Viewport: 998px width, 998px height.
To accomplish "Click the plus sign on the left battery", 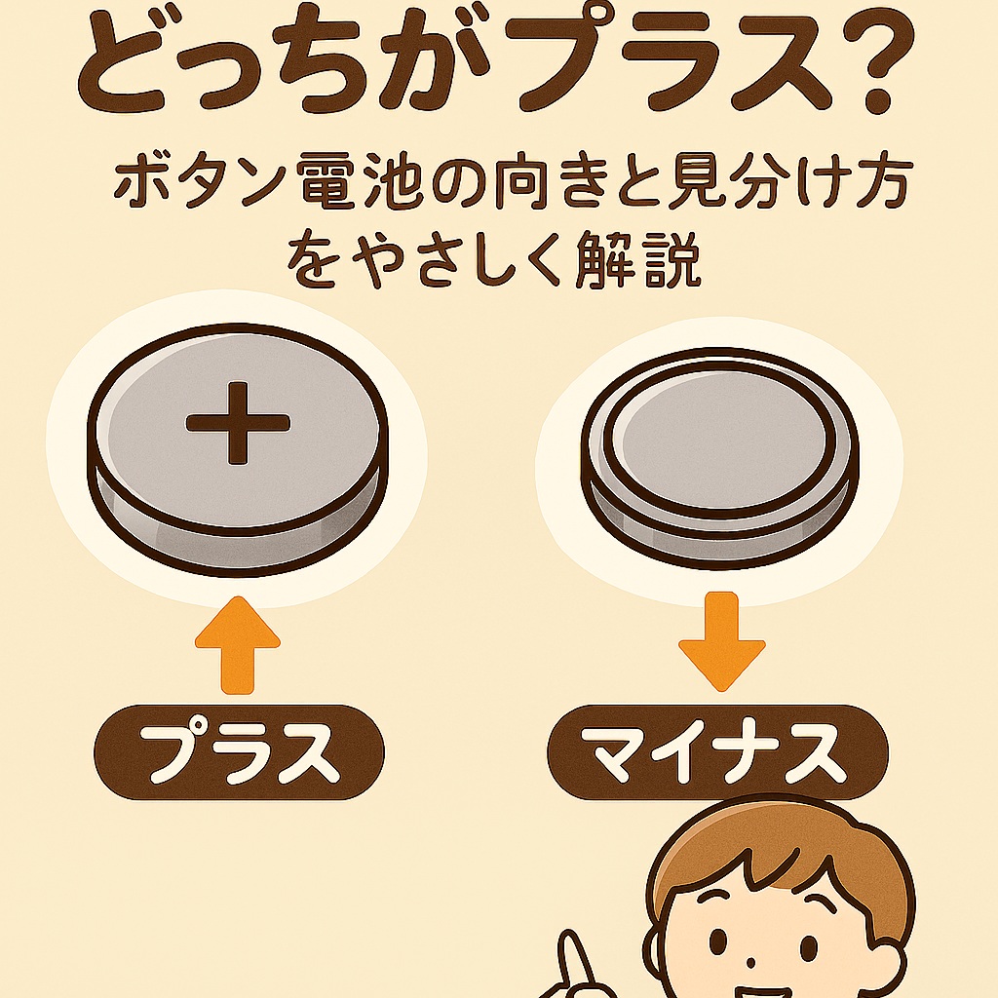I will click(x=238, y=422).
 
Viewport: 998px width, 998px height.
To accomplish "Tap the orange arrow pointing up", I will click(x=237, y=648).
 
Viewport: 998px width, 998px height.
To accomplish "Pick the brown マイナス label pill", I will click(x=717, y=753).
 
